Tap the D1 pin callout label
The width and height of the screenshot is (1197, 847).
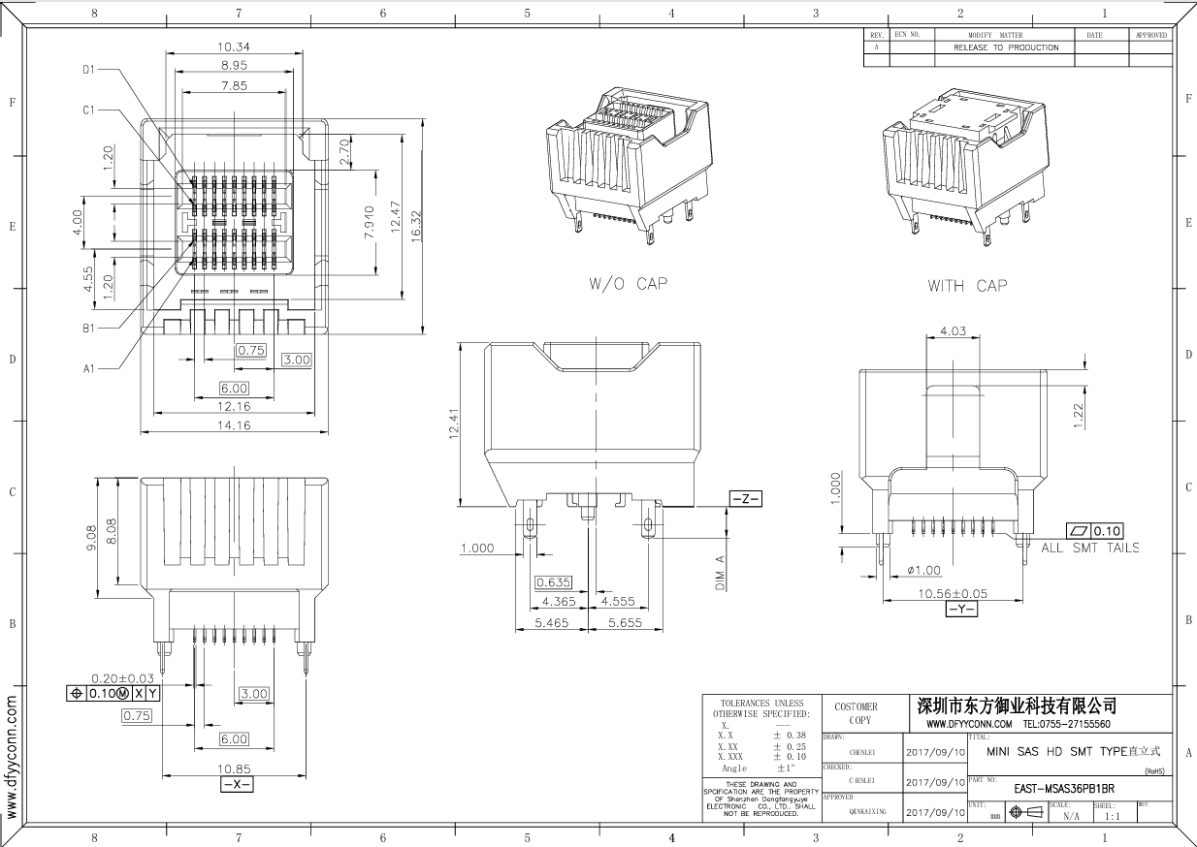coord(88,70)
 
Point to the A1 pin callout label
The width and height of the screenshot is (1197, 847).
coord(88,368)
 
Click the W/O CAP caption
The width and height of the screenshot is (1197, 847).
coord(629,284)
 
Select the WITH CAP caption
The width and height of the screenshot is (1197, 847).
coord(967,285)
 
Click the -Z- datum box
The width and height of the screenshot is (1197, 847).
coord(746,499)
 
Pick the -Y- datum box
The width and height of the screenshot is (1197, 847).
coord(961,609)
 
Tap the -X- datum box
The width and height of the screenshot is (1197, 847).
coord(237,784)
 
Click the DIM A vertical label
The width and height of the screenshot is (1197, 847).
coord(721,573)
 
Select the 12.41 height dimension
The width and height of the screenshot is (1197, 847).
coord(453,423)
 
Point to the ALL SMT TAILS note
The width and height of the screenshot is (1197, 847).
coord(1089,548)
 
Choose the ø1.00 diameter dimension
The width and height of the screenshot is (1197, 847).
coord(924,570)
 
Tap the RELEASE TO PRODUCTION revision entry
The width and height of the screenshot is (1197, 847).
coord(1006,47)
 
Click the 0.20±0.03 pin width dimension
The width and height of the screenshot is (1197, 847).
coord(122,677)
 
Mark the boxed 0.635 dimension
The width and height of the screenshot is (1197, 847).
coord(553,582)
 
